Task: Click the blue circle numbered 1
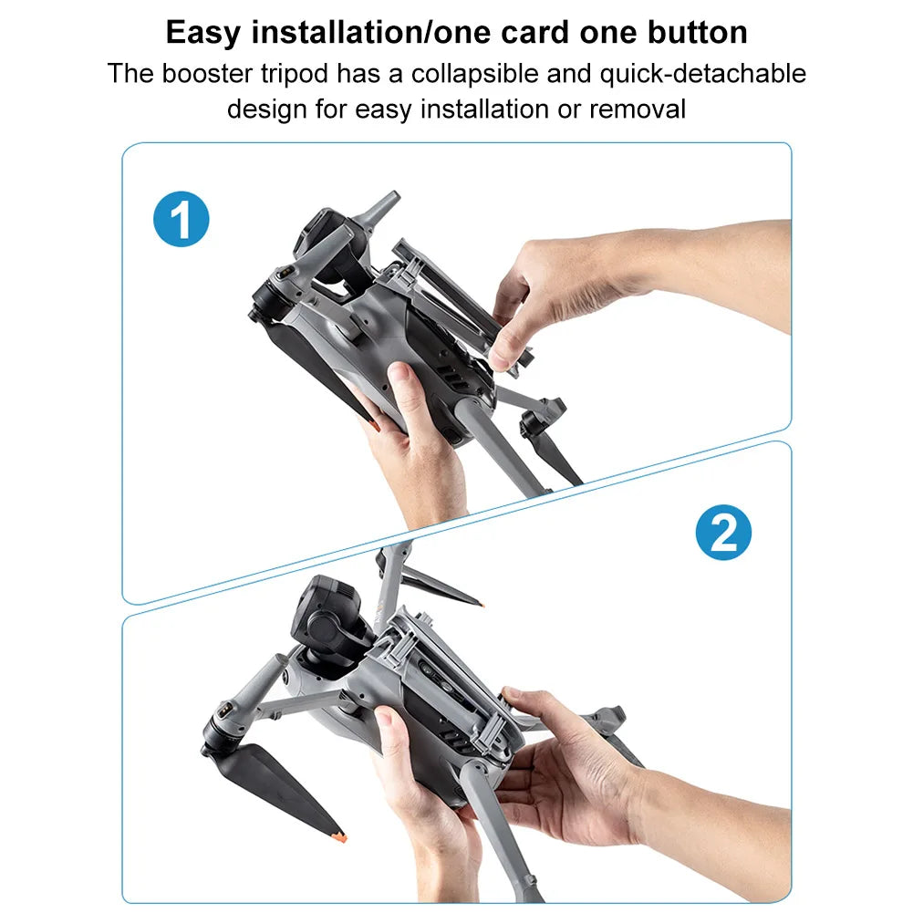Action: point(182,220)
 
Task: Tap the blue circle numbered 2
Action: point(723,533)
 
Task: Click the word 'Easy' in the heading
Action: point(202,33)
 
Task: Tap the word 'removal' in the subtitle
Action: point(638,110)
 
